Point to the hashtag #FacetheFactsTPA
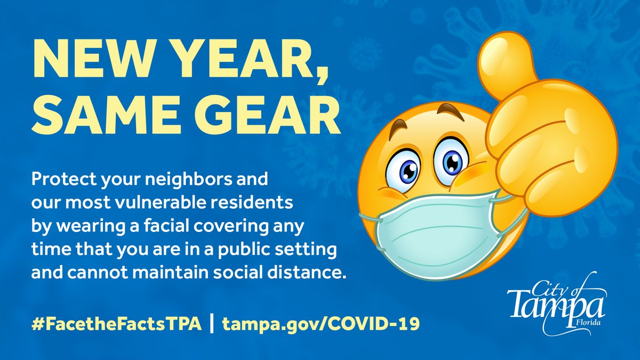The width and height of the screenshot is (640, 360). [x=116, y=324]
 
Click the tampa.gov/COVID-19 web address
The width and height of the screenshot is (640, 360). [x=319, y=324]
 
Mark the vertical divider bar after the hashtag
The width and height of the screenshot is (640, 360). [x=212, y=324]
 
